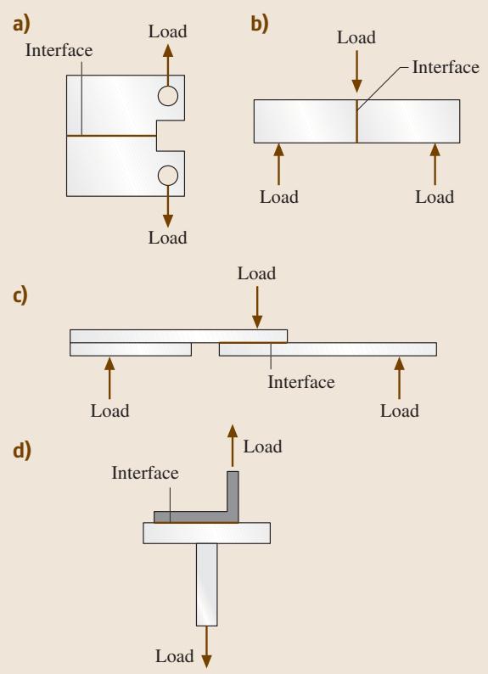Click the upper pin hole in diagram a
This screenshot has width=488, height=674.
pos(167,96)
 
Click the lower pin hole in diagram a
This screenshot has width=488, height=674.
pos(167,176)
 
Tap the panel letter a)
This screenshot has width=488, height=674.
pos(21,25)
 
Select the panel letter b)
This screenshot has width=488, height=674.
pos(260,24)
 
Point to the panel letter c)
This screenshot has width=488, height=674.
pos(20,295)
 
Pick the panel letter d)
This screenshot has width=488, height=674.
pos(22,451)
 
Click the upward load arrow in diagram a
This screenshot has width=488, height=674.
pos(168,65)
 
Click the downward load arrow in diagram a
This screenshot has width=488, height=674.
pos(168,206)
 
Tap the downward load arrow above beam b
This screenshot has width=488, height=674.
pos(356,71)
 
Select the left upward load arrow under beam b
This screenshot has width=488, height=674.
pos(278,164)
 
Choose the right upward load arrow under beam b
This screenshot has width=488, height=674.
pos(435,164)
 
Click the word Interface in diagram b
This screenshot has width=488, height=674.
pos(446,67)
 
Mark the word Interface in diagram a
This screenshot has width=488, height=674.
pos(59,50)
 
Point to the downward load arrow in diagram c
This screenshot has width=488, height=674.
pos(257,307)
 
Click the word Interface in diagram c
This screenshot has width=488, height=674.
pos(301,382)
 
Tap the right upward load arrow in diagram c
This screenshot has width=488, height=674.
pos(400,378)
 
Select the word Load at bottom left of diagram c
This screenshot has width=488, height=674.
pos(110,411)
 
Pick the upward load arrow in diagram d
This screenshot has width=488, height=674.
pos(233,446)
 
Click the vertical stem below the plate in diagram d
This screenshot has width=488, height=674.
pos(206,585)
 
